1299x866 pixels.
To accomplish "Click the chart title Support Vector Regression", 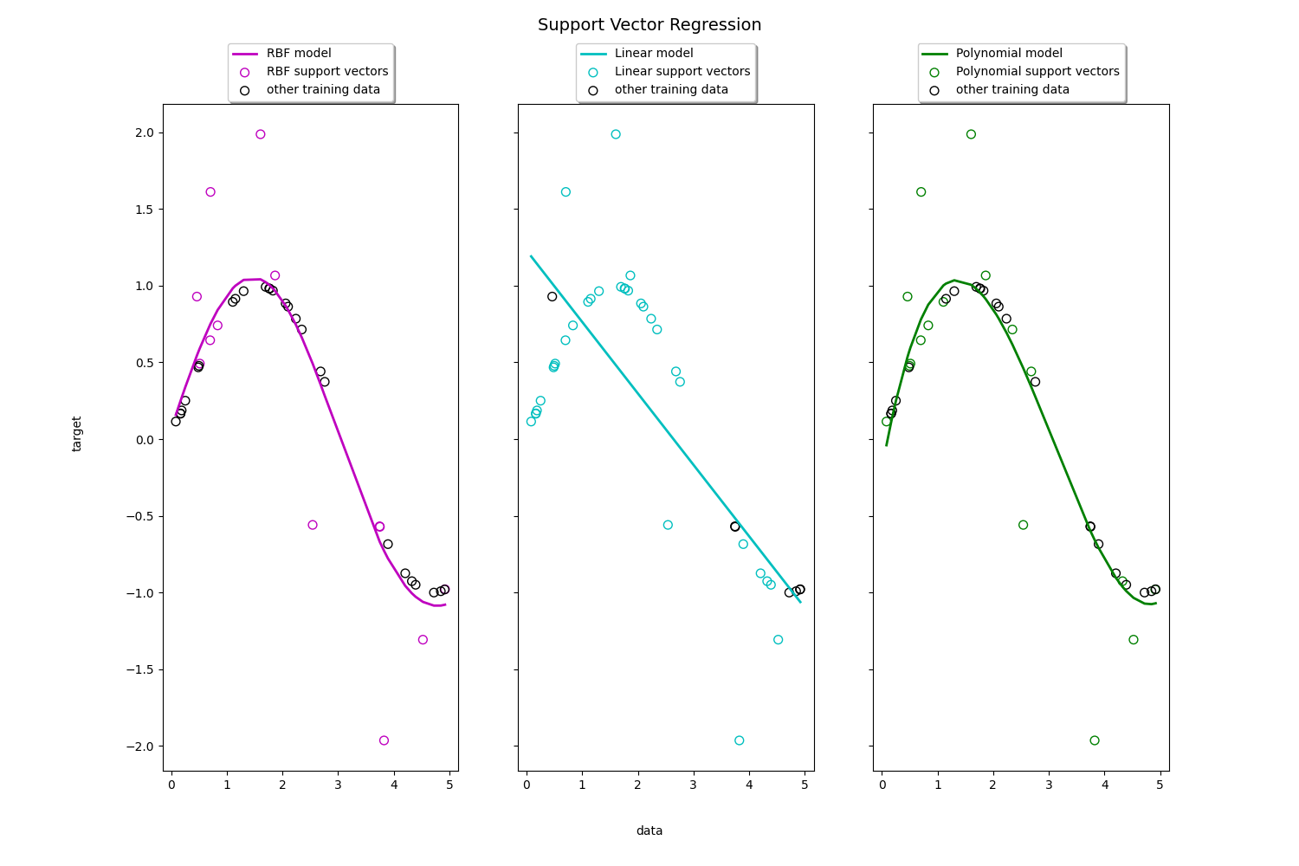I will coord(649,25).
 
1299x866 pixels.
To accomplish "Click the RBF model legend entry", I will coord(299,54).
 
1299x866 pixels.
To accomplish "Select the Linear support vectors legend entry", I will coord(682,72).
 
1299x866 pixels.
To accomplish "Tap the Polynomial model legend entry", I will coord(1009,54).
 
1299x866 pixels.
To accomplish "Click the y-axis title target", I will coord(77,434).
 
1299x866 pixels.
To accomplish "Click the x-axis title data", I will coord(649,830).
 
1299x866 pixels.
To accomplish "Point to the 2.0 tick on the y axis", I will coord(144,132).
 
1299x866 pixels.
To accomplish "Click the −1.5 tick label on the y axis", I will coord(139,669).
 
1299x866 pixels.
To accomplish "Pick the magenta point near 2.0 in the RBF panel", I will coord(261,134).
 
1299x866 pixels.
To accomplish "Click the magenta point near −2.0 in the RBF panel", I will coord(384,740).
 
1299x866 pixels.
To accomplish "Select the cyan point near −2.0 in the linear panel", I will coord(739,740).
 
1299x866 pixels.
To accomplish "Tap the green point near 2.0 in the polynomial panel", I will coord(971,134).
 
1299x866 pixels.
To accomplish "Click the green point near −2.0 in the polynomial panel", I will coord(1095,740).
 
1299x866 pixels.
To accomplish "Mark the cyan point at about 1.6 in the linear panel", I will coord(565,192).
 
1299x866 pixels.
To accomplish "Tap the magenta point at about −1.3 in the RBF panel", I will coord(423,640).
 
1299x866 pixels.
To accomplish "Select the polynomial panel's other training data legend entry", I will coord(1012,90).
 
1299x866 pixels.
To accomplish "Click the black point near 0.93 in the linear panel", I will coord(553,296).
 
